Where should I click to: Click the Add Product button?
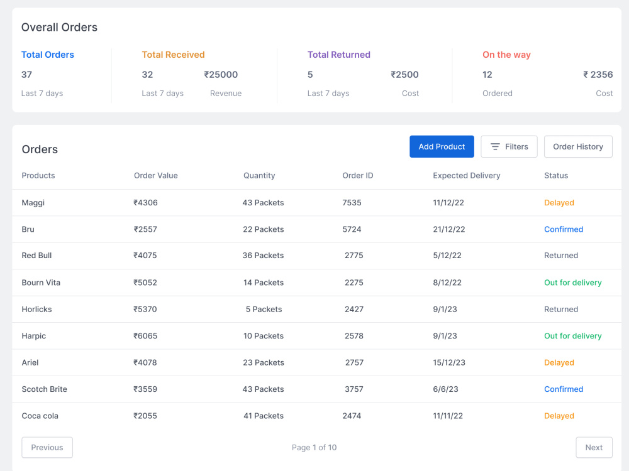[x=442, y=146]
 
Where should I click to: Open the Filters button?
[x=509, y=146]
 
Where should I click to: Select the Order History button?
[x=578, y=146]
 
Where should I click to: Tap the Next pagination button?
[x=594, y=447]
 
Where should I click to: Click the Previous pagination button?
[x=47, y=447]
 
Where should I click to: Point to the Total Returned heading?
[x=338, y=55]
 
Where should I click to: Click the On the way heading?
[x=506, y=55]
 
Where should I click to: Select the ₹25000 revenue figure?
[x=221, y=75]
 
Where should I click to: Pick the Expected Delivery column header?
[x=467, y=175]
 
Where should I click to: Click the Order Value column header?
[x=155, y=175]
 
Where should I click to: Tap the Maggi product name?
[x=33, y=203]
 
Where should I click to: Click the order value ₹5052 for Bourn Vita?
[x=145, y=283]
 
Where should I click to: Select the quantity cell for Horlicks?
[x=264, y=309]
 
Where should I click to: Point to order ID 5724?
[x=352, y=229]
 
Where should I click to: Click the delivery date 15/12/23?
[x=449, y=362]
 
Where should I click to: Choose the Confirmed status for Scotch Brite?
[x=564, y=389]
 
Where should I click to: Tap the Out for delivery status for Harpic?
[x=573, y=335]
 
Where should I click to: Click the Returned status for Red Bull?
[x=561, y=256]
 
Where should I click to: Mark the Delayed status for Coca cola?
[x=559, y=416]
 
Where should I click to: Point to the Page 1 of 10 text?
[x=314, y=447]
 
